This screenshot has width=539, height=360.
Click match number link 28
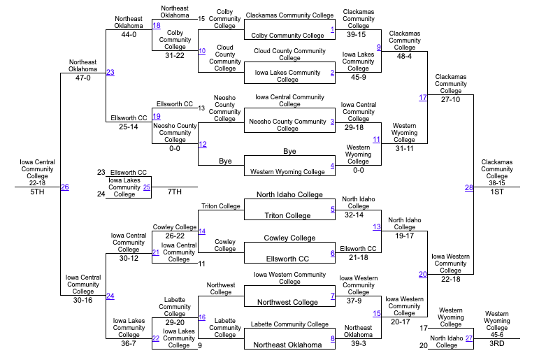click(x=469, y=187)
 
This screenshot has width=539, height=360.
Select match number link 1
click(x=333, y=29)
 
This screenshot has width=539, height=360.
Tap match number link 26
click(x=64, y=187)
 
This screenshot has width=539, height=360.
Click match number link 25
click(x=147, y=187)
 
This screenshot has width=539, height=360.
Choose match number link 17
click(x=422, y=97)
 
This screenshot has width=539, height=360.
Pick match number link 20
click(x=422, y=274)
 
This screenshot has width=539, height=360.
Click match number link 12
click(x=202, y=144)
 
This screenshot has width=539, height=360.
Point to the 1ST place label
click(x=496, y=192)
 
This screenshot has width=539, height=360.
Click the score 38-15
click(x=496, y=182)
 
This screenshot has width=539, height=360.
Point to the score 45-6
click(x=496, y=334)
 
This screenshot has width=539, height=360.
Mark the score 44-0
click(x=129, y=34)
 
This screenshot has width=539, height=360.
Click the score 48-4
click(x=404, y=56)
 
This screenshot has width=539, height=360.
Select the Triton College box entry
click(x=287, y=215)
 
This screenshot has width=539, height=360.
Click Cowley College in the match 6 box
click(x=289, y=238)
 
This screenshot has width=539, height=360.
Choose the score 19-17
click(x=404, y=236)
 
